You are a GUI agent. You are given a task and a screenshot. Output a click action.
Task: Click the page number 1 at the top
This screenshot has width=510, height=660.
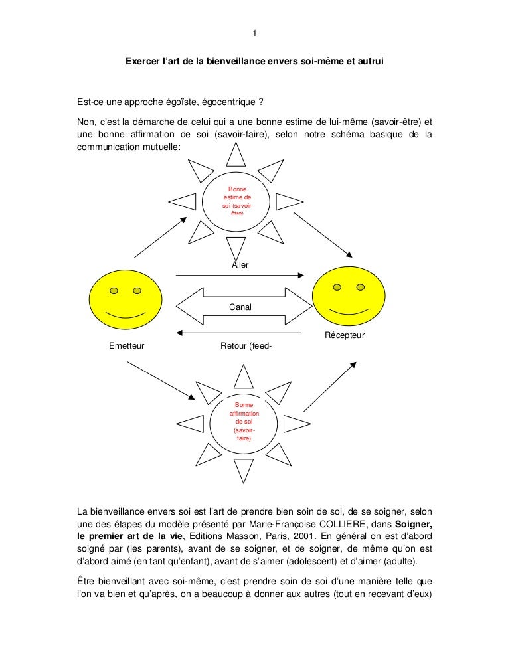tap(255, 35)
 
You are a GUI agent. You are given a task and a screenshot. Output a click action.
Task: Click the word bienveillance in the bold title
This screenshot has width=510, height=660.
tap(235, 62)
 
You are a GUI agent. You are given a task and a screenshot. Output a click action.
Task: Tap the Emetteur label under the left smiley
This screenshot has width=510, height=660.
tap(126, 345)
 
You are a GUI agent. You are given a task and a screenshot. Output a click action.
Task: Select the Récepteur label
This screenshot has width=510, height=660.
tap(345, 335)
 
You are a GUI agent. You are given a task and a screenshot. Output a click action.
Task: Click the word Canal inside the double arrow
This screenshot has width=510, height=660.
tap(240, 307)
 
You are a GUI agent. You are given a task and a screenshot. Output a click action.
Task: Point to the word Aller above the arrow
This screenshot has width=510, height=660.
tap(240, 265)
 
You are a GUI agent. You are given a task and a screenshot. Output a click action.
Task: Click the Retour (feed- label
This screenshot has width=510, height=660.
tap(245, 345)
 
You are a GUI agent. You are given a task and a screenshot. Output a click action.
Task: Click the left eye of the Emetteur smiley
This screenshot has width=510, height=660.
tap(114, 291)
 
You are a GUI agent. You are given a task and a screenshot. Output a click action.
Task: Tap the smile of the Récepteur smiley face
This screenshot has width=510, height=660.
tap(349, 311)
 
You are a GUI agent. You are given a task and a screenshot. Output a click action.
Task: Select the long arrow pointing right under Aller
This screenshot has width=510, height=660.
tap(240, 274)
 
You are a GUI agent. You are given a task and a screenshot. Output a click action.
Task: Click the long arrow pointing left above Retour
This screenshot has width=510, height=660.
tap(240, 333)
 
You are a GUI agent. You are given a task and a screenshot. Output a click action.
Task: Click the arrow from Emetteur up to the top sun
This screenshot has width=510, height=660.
tap(160, 237)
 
